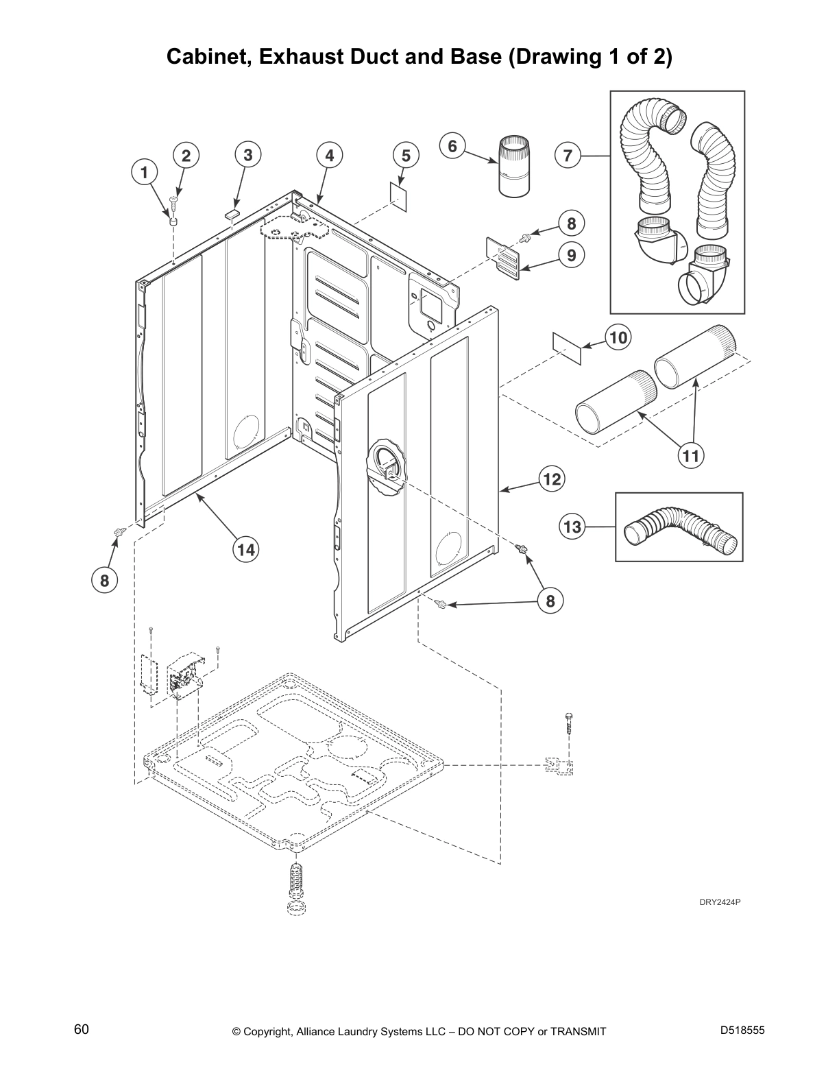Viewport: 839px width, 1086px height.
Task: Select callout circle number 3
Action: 247,155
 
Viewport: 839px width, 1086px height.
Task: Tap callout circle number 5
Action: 406,156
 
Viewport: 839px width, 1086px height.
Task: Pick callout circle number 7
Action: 568,156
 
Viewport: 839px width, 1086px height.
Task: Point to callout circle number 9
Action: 571,256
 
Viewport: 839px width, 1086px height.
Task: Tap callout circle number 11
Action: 692,455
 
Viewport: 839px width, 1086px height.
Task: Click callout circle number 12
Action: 552,479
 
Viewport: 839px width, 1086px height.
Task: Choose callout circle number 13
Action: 572,527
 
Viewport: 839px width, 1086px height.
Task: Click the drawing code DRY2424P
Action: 719,902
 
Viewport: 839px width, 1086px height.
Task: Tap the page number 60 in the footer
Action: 82,1030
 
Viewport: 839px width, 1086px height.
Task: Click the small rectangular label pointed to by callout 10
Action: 567,348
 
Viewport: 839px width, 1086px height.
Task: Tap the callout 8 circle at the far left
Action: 104,581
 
